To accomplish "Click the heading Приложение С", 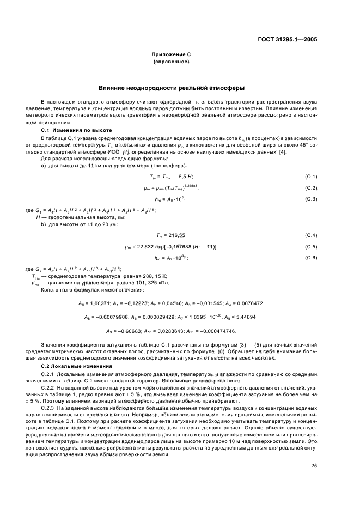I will [x=171, y=54].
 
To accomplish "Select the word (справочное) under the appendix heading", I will [x=171, y=62].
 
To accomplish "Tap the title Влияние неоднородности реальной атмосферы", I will [x=171, y=87].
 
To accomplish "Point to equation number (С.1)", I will [x=312, y=177].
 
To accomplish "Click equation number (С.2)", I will [x=312, y=187].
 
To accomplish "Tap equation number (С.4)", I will [x=312, y=235].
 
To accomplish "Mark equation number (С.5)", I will [x=312, y=246].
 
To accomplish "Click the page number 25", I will [x=314, y=465].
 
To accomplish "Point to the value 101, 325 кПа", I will [x=123, y=283].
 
